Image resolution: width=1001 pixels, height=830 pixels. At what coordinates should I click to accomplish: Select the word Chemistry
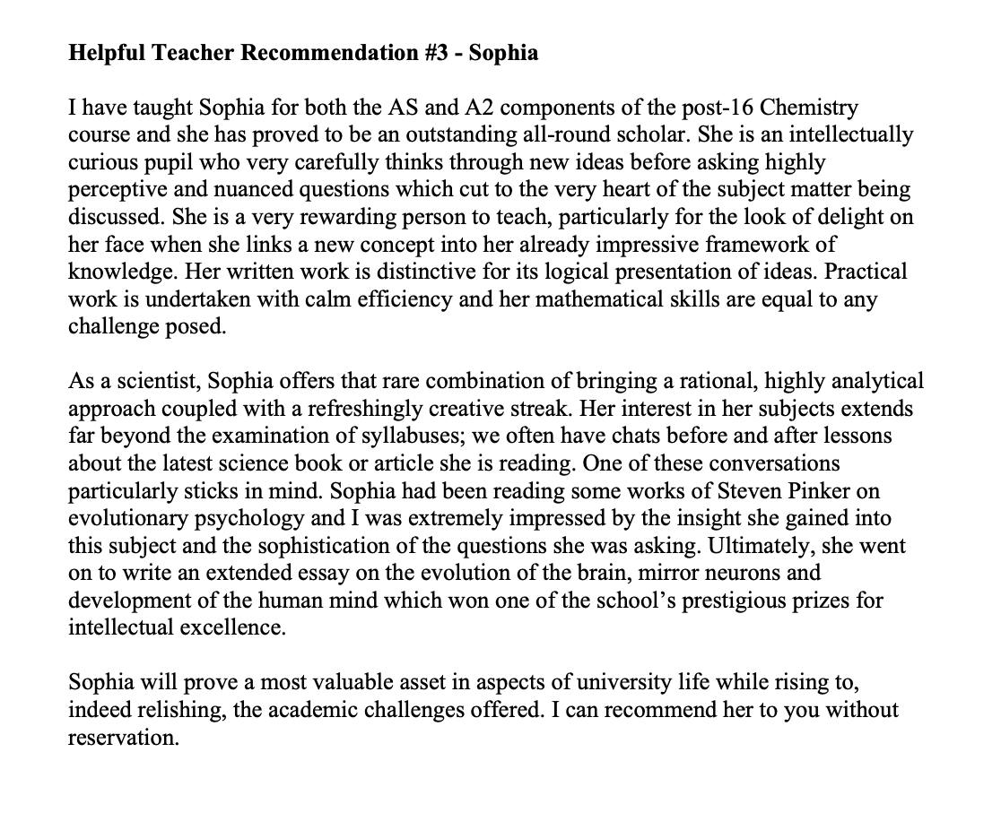[x=809, y=108]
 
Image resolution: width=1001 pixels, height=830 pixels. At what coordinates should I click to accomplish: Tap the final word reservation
[x=123, y=738]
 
